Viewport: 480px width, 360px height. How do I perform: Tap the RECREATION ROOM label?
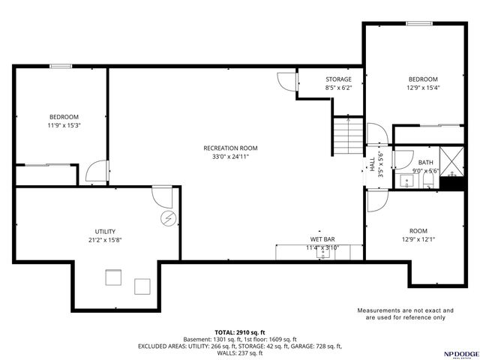coord(230,148)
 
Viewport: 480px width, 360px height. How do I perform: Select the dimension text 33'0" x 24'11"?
coord(230,157)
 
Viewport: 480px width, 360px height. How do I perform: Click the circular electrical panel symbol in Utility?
coord(169,218)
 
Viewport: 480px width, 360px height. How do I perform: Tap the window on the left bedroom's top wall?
coord(60,67)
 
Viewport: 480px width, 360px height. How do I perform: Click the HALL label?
coord(372,164)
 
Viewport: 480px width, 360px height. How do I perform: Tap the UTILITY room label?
coord(105,231)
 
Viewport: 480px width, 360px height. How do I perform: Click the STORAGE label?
coord(338,79)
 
